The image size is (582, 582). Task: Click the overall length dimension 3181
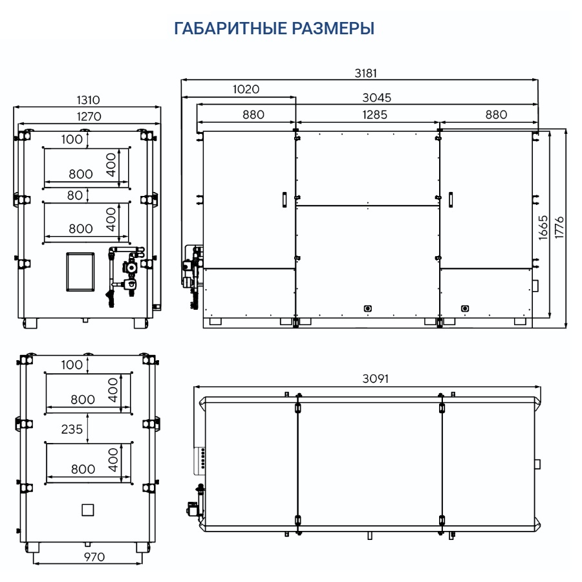click(365, 73)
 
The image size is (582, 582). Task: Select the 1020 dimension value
click(246, 89)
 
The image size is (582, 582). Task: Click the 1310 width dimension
click(88, 100)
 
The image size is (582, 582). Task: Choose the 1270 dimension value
click(88, 116)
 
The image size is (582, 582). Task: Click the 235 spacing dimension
click(73, 429)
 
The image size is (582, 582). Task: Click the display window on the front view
click(80, 270)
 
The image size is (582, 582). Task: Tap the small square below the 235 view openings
click(87, 510)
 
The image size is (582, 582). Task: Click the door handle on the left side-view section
click(283, 199)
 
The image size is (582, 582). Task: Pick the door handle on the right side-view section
click(451, 199)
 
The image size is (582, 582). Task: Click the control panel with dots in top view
click(201, 457)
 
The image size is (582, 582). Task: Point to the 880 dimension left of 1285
click(253, 114)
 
